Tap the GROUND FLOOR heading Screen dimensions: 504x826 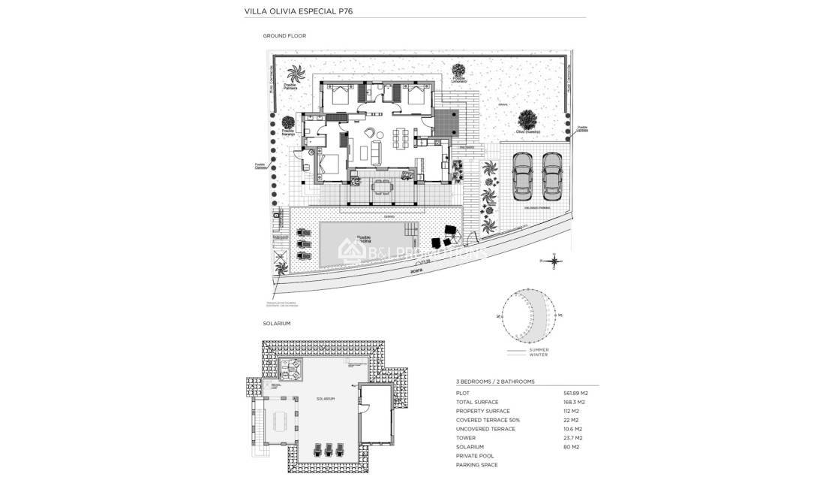[284, 35]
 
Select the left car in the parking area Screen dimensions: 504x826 [521, 177]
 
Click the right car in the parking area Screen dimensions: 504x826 [551, 177]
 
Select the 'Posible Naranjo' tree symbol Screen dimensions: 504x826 [287, 123]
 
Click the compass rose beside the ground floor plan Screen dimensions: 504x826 [554, 261]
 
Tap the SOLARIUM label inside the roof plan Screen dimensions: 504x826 [325, 398]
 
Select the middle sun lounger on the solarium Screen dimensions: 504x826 [327, 449]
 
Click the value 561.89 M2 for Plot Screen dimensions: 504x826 [575, 393]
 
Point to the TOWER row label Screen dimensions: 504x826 [466, 438]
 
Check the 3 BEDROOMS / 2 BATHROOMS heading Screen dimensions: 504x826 [495, 382]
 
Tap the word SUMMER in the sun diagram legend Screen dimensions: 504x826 [539, 349]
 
